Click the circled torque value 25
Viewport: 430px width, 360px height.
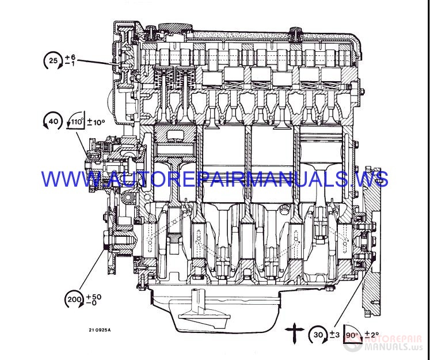(x=53, y=60)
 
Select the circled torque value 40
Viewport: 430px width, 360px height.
(x=53, y=121)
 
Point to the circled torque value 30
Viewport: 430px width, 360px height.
(x=318, y=335)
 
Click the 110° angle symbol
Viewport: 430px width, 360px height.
(x=76, y=120)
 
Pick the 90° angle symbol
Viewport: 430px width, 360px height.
(x=352, y=334)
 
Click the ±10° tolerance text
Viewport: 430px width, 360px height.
(x=96, y=122)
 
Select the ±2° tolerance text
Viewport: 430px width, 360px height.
(x=372, y=335)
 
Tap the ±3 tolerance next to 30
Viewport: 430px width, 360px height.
(x=334, y=335)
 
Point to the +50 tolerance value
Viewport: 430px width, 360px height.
(x=94, y=297)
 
